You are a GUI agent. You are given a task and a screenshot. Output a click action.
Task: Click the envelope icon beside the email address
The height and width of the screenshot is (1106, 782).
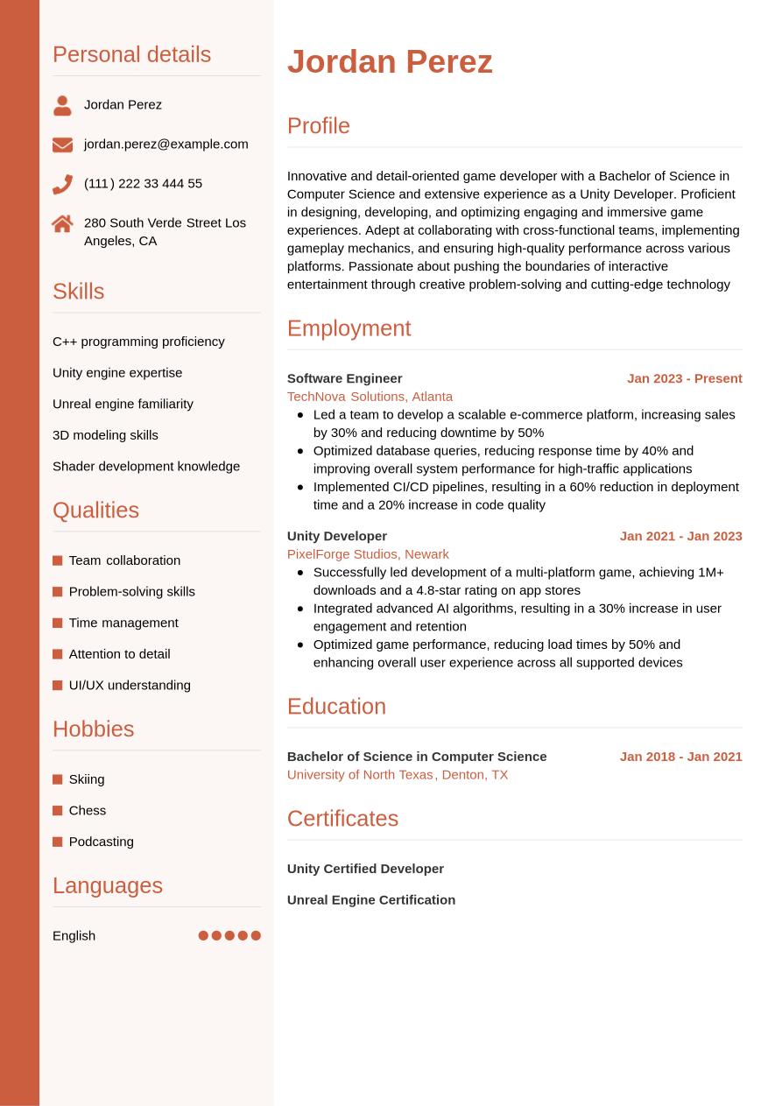(x=62, y=144)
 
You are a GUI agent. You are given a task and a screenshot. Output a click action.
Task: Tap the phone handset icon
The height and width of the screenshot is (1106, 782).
(x=62, y=184)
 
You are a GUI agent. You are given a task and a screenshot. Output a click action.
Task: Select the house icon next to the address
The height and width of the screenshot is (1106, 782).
(x=62, y=223)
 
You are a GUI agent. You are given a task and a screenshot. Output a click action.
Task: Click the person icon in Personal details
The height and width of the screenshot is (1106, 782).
(x=62, y=105)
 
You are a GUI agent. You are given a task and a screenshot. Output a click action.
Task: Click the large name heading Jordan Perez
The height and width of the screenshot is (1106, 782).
(x=390, y=61)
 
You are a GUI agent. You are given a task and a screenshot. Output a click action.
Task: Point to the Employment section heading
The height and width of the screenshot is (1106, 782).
(x=349, y=328)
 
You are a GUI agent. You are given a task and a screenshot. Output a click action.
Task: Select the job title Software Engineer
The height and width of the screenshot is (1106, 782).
(x=344, y=378)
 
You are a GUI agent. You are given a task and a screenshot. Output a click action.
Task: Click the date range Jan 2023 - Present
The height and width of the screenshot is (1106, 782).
(x=684, y=378)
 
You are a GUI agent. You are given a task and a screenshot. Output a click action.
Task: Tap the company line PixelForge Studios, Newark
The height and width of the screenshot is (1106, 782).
(x=368, y=553)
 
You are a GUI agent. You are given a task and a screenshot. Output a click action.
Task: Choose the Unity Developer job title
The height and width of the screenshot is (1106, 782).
(x=336, y=536)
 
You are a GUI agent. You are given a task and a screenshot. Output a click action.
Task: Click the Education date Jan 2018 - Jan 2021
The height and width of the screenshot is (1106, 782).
(x=680, y=757)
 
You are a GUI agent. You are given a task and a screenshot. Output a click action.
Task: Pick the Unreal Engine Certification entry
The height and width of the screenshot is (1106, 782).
(x=370, y=899)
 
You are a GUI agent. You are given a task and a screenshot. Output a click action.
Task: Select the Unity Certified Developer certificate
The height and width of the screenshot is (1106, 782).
(x=365, y=869)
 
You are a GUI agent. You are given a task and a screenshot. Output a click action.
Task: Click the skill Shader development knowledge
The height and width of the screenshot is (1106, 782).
(x=146, y=466)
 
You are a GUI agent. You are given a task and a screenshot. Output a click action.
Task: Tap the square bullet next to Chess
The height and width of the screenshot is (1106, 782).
(x=58, y=811)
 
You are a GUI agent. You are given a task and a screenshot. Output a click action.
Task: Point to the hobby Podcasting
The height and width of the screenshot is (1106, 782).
(x=101, y=842)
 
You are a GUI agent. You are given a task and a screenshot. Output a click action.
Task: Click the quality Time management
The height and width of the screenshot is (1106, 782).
(x=123, y=623)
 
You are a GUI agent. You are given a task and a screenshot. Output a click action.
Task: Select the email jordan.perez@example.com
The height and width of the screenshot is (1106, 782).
(x=166, y=144)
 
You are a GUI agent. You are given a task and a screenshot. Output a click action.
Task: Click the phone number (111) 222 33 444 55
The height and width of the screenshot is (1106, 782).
(x=143, y=183)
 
